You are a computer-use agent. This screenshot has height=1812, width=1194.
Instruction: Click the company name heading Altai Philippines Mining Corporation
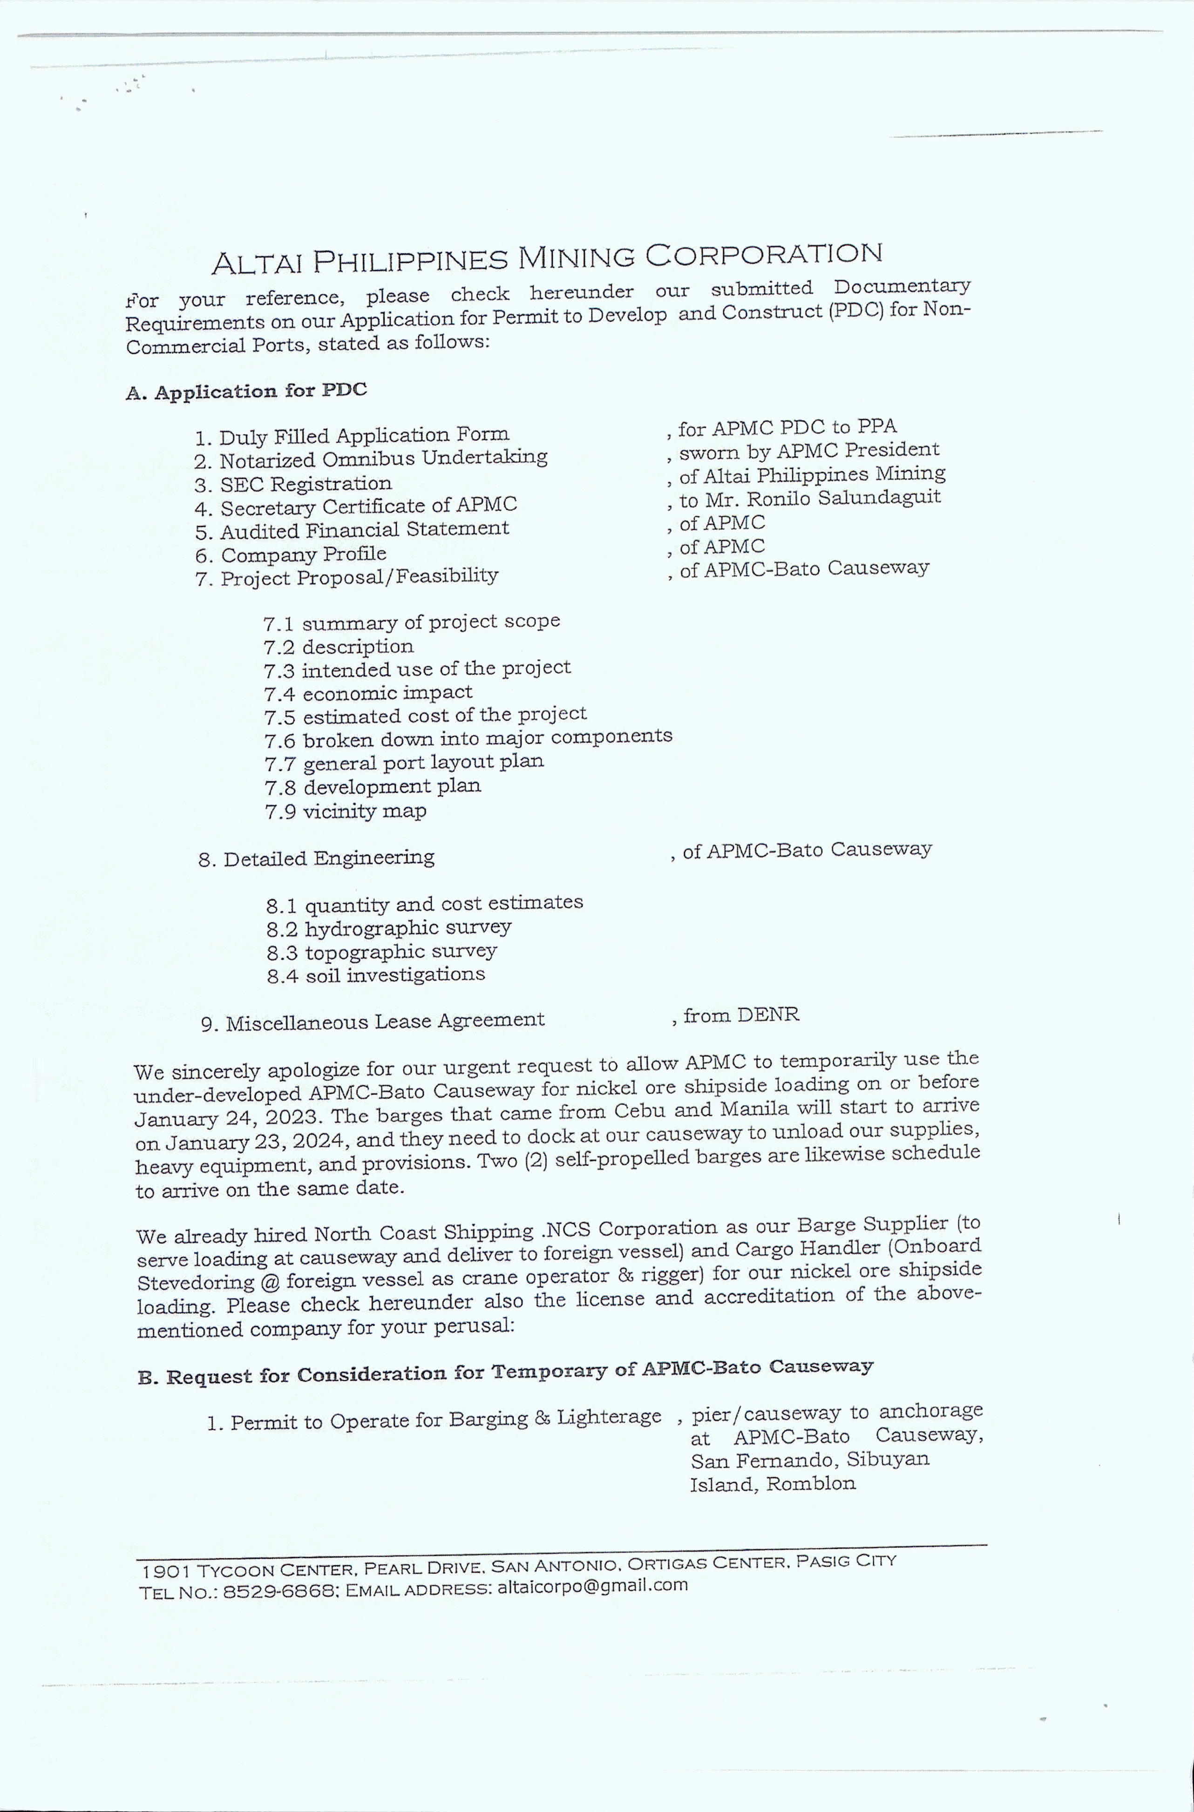pos(547,259)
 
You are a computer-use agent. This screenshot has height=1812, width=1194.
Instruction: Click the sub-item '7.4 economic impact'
pos(368,694)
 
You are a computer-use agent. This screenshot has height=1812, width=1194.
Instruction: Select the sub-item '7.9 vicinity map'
pos(346,811)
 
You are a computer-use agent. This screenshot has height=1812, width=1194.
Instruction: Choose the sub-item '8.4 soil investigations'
pos(376,975)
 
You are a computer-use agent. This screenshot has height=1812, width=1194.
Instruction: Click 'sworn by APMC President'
pos(809,451)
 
